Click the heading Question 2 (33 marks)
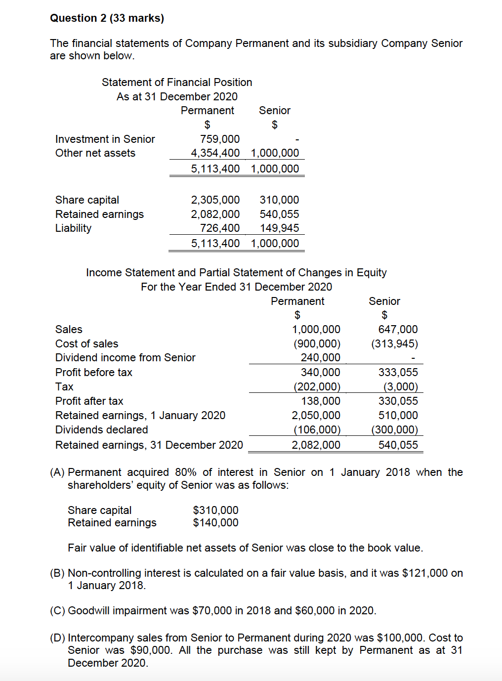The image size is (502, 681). (107, 18)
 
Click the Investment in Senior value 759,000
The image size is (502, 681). (220, 139)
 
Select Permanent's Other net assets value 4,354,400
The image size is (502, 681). (215, 153)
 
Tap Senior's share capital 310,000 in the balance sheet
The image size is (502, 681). (279, 200)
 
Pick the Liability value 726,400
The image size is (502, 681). (220, 228)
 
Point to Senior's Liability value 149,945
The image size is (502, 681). (279, 228)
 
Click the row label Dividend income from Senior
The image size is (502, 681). (125, 358)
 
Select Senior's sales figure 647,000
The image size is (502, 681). (398, 330)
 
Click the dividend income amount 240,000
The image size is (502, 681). (320, 358)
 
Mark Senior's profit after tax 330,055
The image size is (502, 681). (398, 401)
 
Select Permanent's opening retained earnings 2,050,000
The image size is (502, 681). (316, 416)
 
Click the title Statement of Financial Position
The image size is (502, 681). (177, 83)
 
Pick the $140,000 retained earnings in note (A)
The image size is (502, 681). (215, 523)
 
